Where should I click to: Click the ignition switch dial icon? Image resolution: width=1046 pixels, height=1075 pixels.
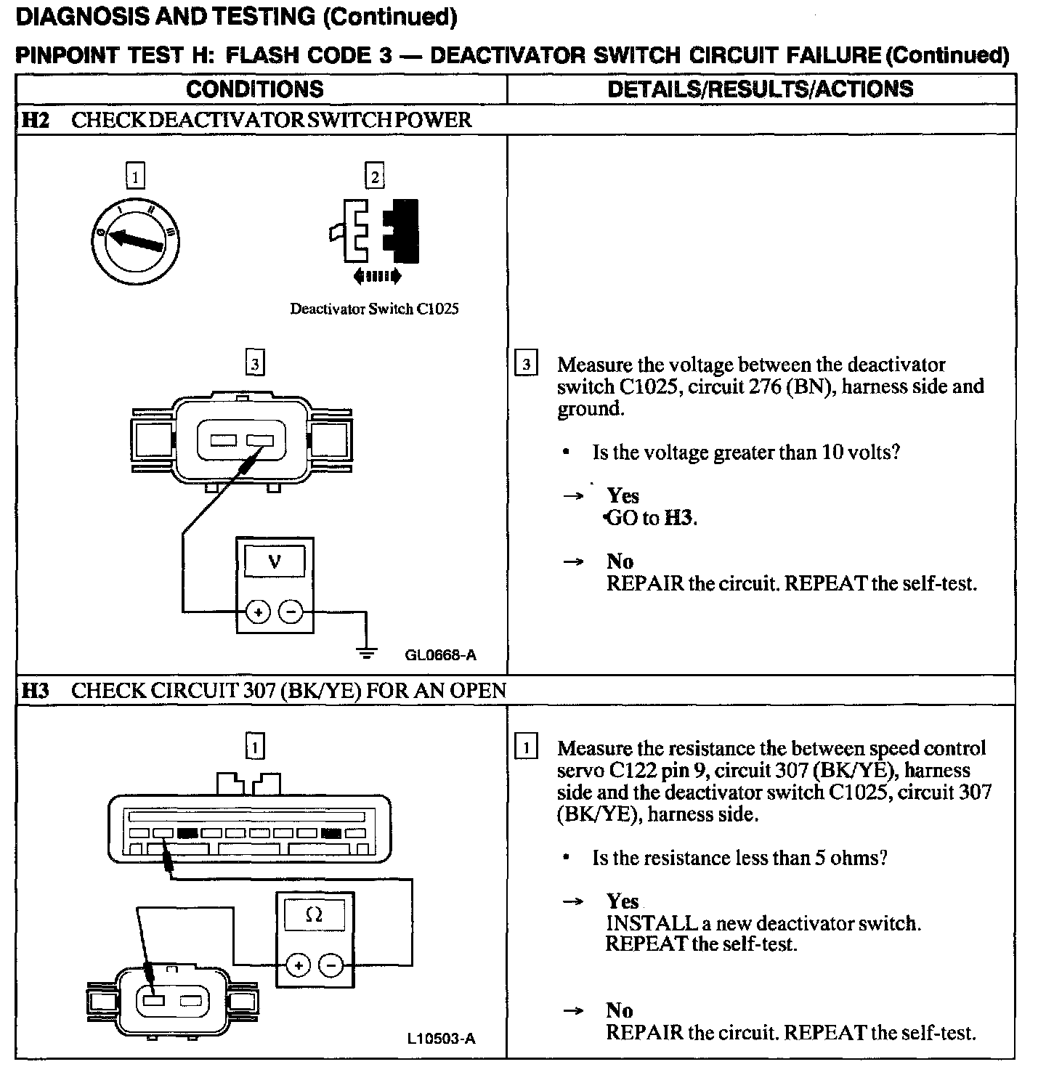point(136,240)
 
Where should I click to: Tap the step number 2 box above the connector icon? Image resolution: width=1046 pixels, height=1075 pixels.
point(374,177)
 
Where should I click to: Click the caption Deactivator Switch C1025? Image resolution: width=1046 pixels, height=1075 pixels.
point(374,309)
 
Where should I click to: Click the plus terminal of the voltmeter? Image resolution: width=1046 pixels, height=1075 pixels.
point(257,612)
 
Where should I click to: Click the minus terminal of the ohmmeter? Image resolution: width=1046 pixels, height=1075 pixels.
point(331,965)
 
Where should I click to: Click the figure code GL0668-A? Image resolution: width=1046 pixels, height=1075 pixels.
point(440,656)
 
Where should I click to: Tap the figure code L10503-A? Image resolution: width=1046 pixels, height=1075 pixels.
point(441,1039)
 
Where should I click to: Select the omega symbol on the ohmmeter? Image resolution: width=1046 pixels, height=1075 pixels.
point(314,916)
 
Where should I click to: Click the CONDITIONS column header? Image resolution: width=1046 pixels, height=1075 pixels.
point(255,89)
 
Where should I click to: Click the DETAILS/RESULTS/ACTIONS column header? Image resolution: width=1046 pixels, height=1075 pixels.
point(760,89)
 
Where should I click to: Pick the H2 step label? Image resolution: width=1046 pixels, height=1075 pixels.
point(35,120)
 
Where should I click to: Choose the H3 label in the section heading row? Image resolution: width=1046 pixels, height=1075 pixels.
point(35,690)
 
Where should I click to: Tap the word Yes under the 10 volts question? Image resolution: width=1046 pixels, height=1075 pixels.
point(623,496)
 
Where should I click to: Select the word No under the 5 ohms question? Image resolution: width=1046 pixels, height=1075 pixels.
point(620,1010)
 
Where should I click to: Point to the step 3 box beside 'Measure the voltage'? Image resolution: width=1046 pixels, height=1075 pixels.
point(526,364)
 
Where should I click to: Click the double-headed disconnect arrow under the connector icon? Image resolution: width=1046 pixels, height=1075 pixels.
point(376,276)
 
